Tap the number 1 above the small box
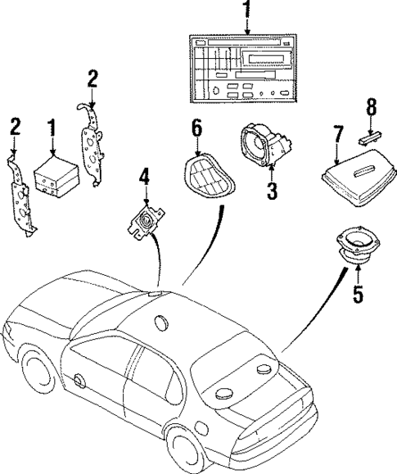(x=52, y=129)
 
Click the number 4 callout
(x=144, y=176)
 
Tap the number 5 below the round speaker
(x=357, y=293)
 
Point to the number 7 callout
(x=336, y=133)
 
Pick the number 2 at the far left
(x=14, y=126)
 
